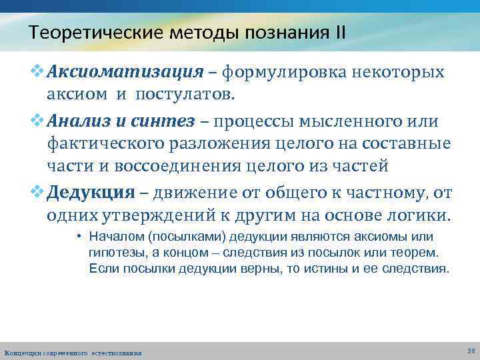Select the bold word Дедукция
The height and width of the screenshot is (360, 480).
tap(91, 193)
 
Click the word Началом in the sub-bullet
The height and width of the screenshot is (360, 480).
tap(110, 237)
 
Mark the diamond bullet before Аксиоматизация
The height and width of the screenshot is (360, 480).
tap(38, 71)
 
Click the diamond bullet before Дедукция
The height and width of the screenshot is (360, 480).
tap(38, 193)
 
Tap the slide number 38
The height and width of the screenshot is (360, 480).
tap(471, 350)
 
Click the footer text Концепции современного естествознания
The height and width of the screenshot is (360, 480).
tap(73, 352)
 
